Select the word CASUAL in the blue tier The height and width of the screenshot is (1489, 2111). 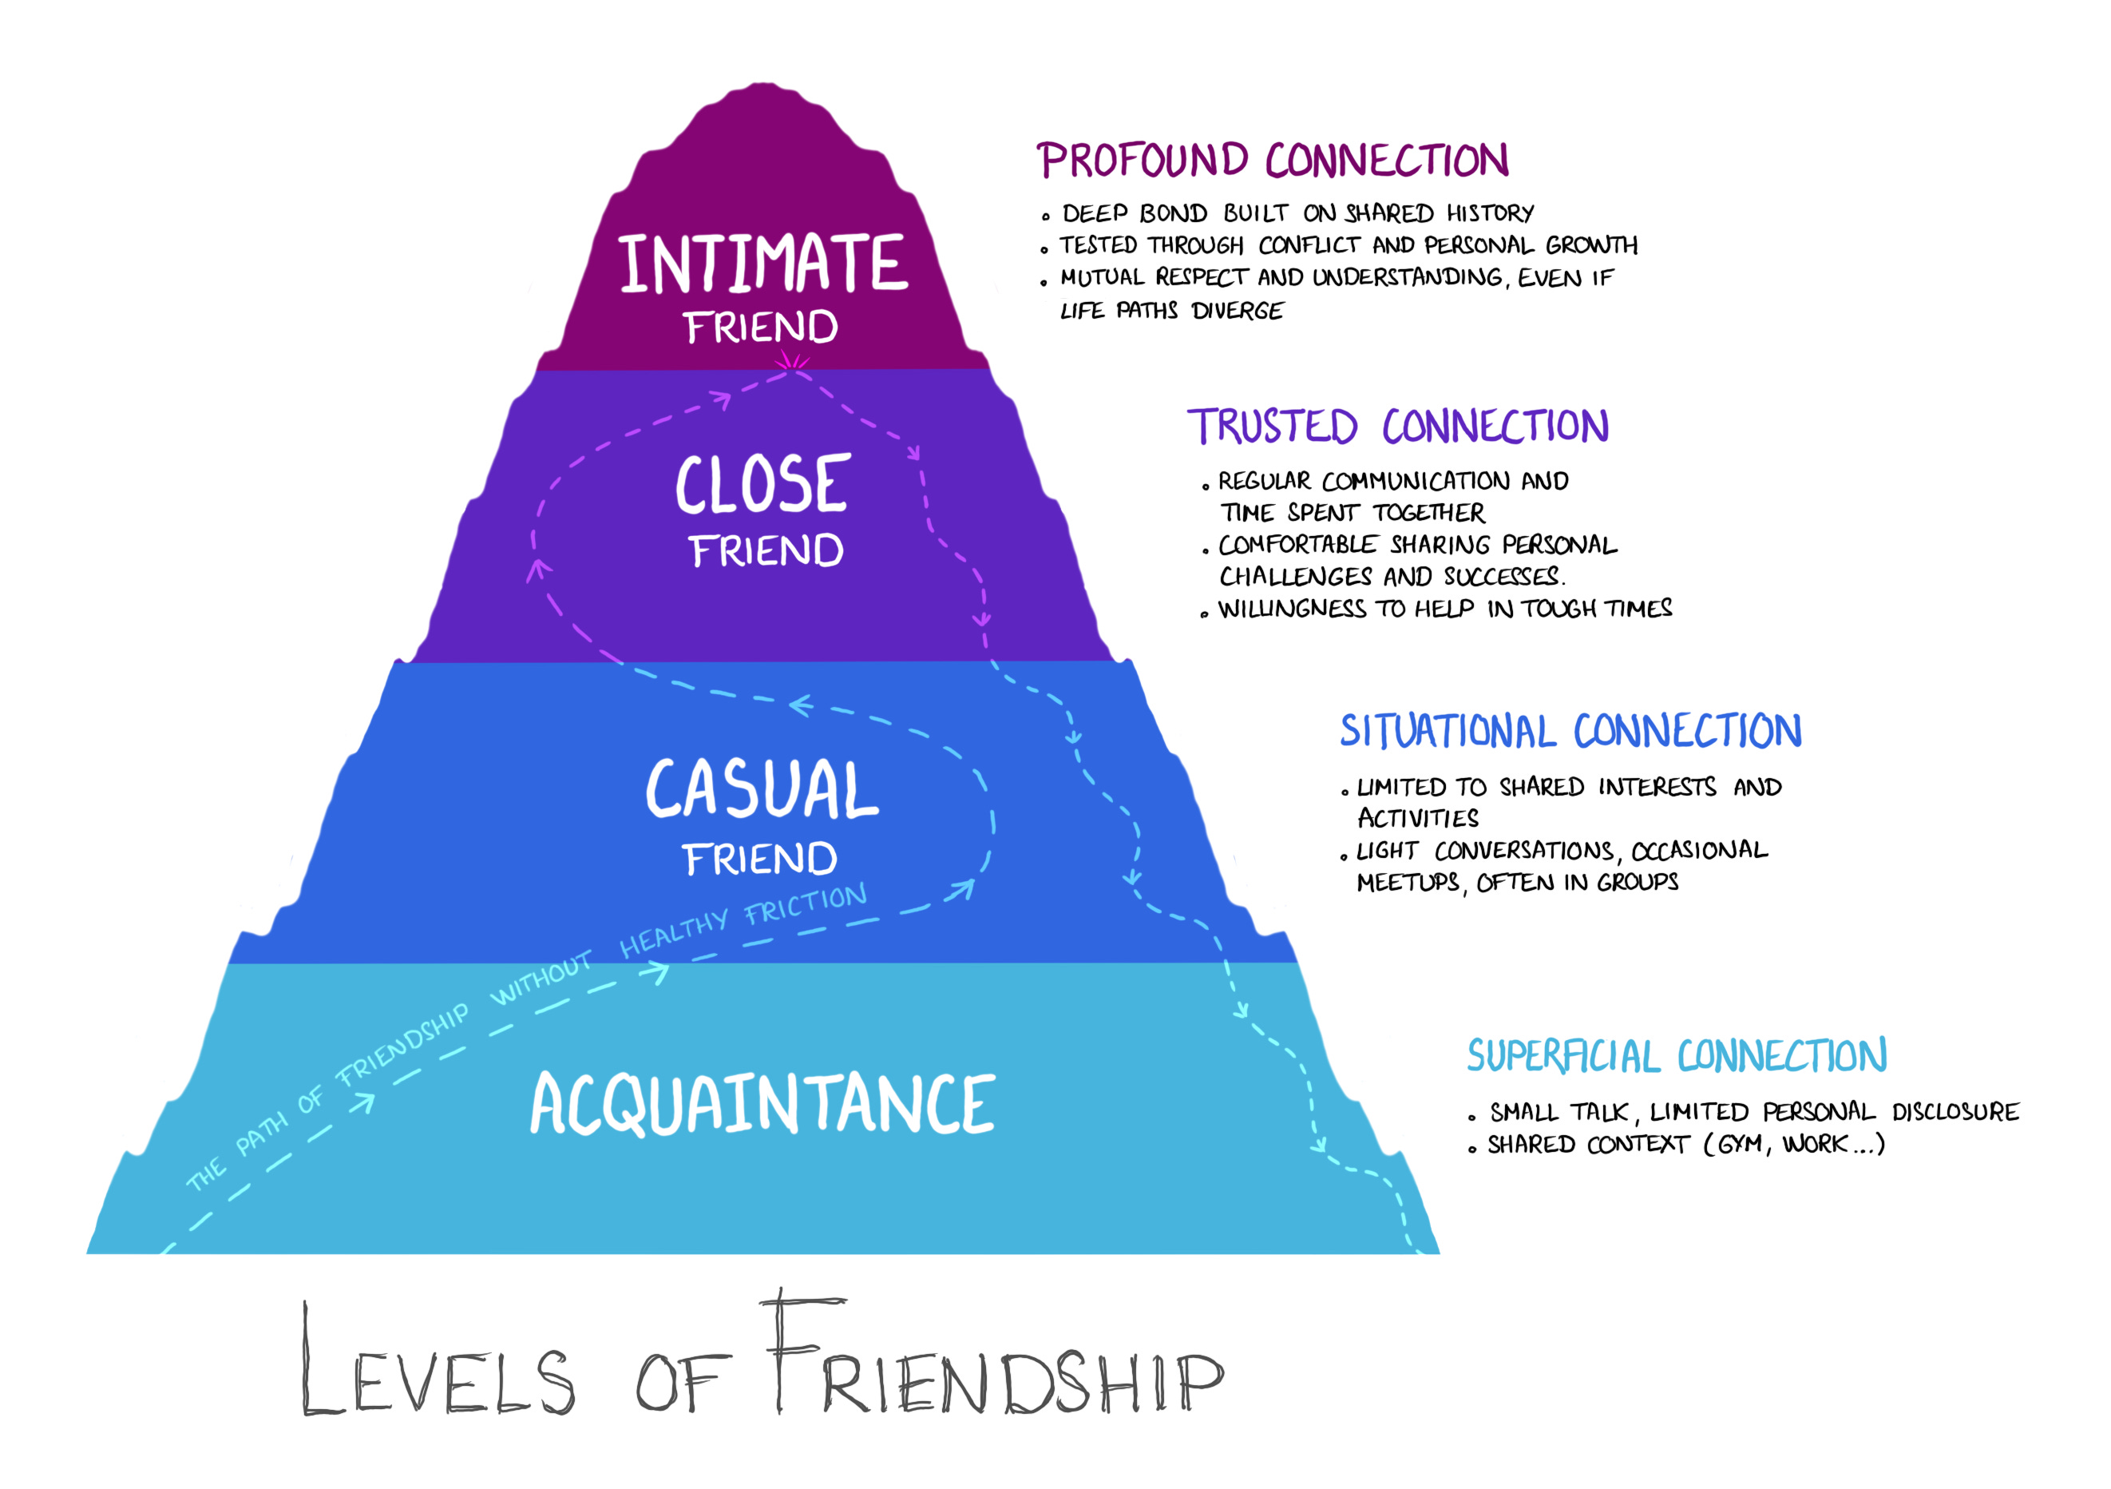pos(762,789)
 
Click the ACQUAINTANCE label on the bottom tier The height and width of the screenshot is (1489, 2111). pos(763,1104)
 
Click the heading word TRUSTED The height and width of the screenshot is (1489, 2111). pos(1273,427)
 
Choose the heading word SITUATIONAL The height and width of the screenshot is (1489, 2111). pos(1448,731)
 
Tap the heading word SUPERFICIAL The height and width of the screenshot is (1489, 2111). pos(1563,1056)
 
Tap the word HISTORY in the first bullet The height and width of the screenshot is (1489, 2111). pos(1490,213)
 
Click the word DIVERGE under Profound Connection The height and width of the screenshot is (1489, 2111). pos(1237,311)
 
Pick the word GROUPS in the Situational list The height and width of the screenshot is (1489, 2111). pos(1638,882)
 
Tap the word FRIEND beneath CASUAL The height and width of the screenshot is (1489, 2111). pos(760,860)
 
